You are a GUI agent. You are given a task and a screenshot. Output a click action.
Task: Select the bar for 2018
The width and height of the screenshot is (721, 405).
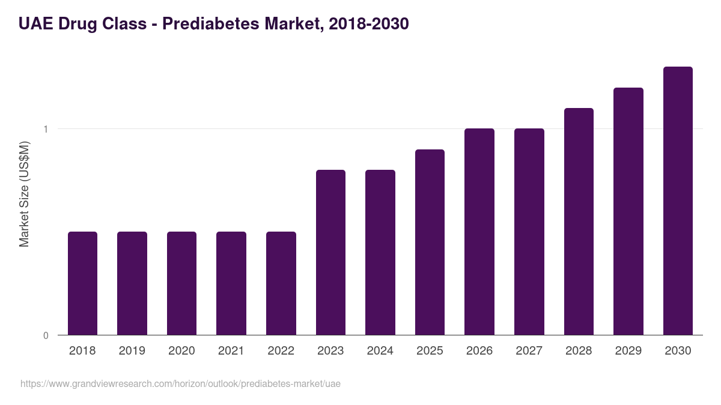pyautogui.click(x=82, y=283)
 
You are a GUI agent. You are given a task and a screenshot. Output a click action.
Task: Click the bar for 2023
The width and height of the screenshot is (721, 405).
pyautogui.click(x=330, y=252)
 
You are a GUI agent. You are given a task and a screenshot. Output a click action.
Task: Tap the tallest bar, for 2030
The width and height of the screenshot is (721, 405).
pyautogui.click(x=678, y=201)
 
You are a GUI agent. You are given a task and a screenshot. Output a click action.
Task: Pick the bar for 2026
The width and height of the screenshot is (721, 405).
pyautogui.click(x=479, y=232)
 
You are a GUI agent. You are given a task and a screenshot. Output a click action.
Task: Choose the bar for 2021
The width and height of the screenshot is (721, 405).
pyautogui.click(x=231, y=283)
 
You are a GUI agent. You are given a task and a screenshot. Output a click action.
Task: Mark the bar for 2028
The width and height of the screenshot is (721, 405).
pyautogui.click(x=579, y=221)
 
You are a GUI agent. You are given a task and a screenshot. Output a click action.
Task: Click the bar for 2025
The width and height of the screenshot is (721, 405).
pyautogui.click(x=430, y=242)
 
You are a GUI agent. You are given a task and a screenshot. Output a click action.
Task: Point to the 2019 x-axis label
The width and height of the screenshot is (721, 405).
pyautogui.click(x=132, y=351)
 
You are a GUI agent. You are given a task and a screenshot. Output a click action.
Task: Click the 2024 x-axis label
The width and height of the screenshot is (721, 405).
pyautogui.click(x=380, y=351)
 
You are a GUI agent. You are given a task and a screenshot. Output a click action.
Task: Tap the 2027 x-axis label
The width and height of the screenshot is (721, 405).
pyautogui.click(x=529, y=351)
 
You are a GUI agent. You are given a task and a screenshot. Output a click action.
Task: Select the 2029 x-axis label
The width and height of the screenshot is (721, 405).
pyautogui.click(x=628, y=351)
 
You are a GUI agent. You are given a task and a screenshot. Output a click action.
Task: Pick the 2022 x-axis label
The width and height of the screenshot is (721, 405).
pyautogui.click(x=281, y=351)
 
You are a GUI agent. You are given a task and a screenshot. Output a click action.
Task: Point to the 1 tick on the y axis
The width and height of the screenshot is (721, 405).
pyautogui.click(x=46, y=129)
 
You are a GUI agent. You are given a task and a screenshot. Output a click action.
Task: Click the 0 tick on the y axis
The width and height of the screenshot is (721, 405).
pyautogui.click(x=46, y=335)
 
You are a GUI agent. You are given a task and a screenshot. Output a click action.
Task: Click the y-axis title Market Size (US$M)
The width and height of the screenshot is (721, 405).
pyautogui.click(x=25, y=194)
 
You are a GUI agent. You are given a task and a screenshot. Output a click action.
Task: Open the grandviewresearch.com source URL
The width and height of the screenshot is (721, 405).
pyautogui.click(x=180, y=383)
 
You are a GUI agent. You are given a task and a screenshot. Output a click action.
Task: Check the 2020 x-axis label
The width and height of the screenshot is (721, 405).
pyautogui.click(x=181, y=351)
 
